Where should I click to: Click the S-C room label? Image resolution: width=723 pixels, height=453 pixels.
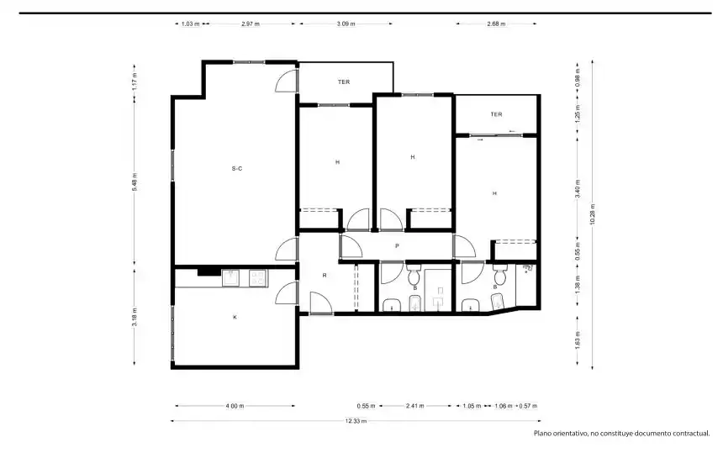click(237, 169)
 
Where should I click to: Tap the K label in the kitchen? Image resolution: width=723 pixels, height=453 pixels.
click(235, 317)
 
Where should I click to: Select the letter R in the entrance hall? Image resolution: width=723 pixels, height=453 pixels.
click(325, 276)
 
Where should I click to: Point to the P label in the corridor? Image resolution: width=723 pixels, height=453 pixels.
click(397, 246)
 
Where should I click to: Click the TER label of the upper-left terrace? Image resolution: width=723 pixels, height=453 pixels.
click(344, 82)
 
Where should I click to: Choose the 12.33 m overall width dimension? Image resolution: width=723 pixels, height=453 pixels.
click(356, 421)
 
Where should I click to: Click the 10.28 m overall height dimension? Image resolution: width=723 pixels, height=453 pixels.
click(593, 214)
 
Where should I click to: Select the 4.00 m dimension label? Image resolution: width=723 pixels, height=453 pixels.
click(235, 406)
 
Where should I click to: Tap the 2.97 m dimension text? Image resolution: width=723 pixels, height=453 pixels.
click(251, 24)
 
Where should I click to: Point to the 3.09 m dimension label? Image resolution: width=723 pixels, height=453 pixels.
click(346, 24)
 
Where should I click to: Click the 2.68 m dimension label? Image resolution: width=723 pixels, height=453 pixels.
click(496, 24)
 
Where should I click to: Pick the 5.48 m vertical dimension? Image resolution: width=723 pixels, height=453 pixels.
click(135, 182)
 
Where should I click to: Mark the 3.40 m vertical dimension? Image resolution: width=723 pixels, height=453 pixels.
click(578, 188)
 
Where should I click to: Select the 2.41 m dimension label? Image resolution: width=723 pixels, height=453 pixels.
click(415, 406)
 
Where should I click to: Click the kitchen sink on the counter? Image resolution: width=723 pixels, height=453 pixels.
click(230, 278)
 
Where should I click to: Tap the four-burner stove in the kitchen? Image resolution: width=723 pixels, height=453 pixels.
click(258, 278)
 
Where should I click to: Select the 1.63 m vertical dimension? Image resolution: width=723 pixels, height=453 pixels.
click(578, 340)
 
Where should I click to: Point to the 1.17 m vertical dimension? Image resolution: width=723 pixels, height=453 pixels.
click(135, 82)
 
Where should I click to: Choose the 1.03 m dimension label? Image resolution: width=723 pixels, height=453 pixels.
click(191, 24)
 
